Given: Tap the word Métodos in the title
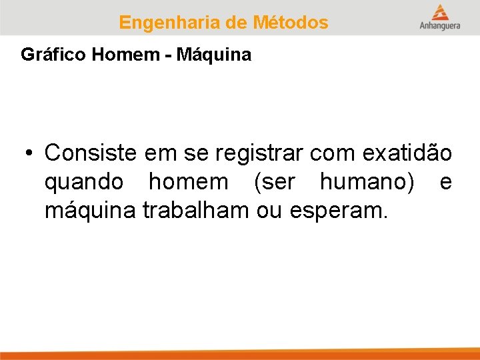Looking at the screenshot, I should click(x=291, y=23).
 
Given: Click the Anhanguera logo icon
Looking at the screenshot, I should click(x=439, y=13).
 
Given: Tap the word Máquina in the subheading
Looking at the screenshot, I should click(x=214, y=55).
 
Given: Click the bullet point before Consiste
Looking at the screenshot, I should click(x=30, y=154).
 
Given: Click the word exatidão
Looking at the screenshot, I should click(x=407, y=153).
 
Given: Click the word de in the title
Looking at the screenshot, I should click(x=236, y=23).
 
